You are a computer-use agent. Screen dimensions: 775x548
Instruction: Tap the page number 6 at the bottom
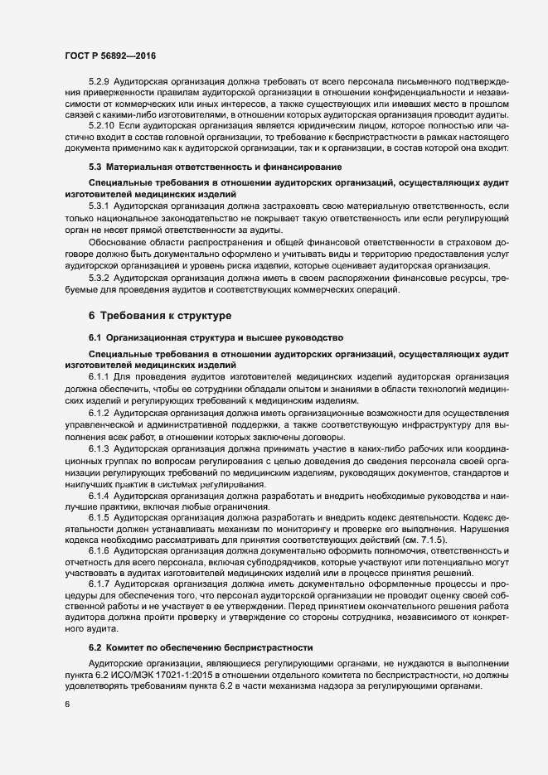tap(66, 705)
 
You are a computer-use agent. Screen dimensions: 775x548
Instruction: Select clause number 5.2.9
tap(99, 83)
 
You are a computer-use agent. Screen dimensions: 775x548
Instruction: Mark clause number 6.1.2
tap(98, 414)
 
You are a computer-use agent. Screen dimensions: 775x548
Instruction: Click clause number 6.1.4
tap(98, 495)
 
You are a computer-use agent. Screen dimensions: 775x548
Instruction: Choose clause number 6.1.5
tap(98, 518)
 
